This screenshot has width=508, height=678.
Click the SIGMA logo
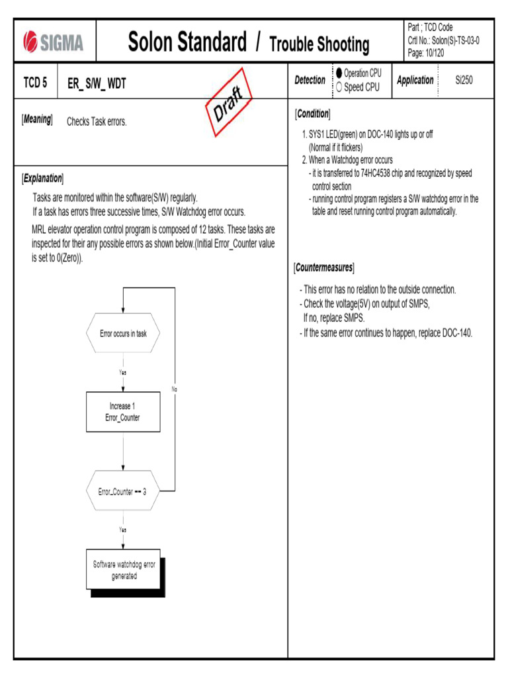[x=54, y=42]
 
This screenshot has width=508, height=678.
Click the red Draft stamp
[x=228, y=107]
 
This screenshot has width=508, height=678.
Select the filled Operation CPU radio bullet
[x=339, y=73]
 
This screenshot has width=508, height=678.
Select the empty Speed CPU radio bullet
[x=339, y=87]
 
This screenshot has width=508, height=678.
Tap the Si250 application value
[x=464, y=80]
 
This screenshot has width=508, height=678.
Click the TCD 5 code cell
[x=36, y=83]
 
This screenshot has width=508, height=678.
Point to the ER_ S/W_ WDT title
[x=97, y=83]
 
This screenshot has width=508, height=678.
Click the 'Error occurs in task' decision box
[x=123, y=334]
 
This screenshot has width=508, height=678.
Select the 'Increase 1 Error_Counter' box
[x=123, y=412]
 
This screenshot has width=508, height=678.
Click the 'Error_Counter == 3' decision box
[x=123, y=491]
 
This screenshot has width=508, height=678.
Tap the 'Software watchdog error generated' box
[x=124, y=570]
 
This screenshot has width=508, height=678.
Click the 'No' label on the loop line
[x=175, y=389]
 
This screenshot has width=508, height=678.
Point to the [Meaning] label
[x=37, y=120]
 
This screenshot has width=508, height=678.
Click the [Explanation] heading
[x=43, y=178]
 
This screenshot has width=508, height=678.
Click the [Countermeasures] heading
[x=324, y=267]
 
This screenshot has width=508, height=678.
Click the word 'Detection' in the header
[x=310, y=80]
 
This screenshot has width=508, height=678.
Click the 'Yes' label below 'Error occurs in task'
[x=123, y=372]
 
